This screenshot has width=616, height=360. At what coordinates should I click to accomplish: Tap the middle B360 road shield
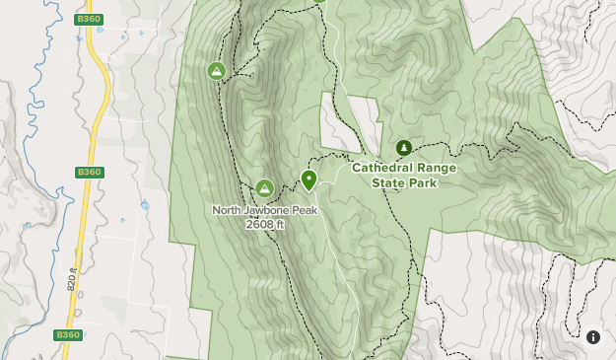(89, 172)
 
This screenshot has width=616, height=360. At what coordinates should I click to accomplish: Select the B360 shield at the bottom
(66, 335)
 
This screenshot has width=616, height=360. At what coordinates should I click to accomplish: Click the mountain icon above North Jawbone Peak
(264, 188)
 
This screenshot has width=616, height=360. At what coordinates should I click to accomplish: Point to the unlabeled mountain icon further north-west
(216, 71)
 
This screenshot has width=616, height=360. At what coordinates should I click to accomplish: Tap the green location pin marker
(308, 180)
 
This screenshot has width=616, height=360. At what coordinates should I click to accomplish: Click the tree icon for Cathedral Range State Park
(404, 148)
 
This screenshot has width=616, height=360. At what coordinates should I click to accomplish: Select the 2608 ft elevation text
(265, 224)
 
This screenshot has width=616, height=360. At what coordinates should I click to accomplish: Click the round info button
(593, 337)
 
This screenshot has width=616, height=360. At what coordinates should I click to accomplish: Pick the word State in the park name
(390, 182)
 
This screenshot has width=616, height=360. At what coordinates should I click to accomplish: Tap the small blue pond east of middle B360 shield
(144, 206)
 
